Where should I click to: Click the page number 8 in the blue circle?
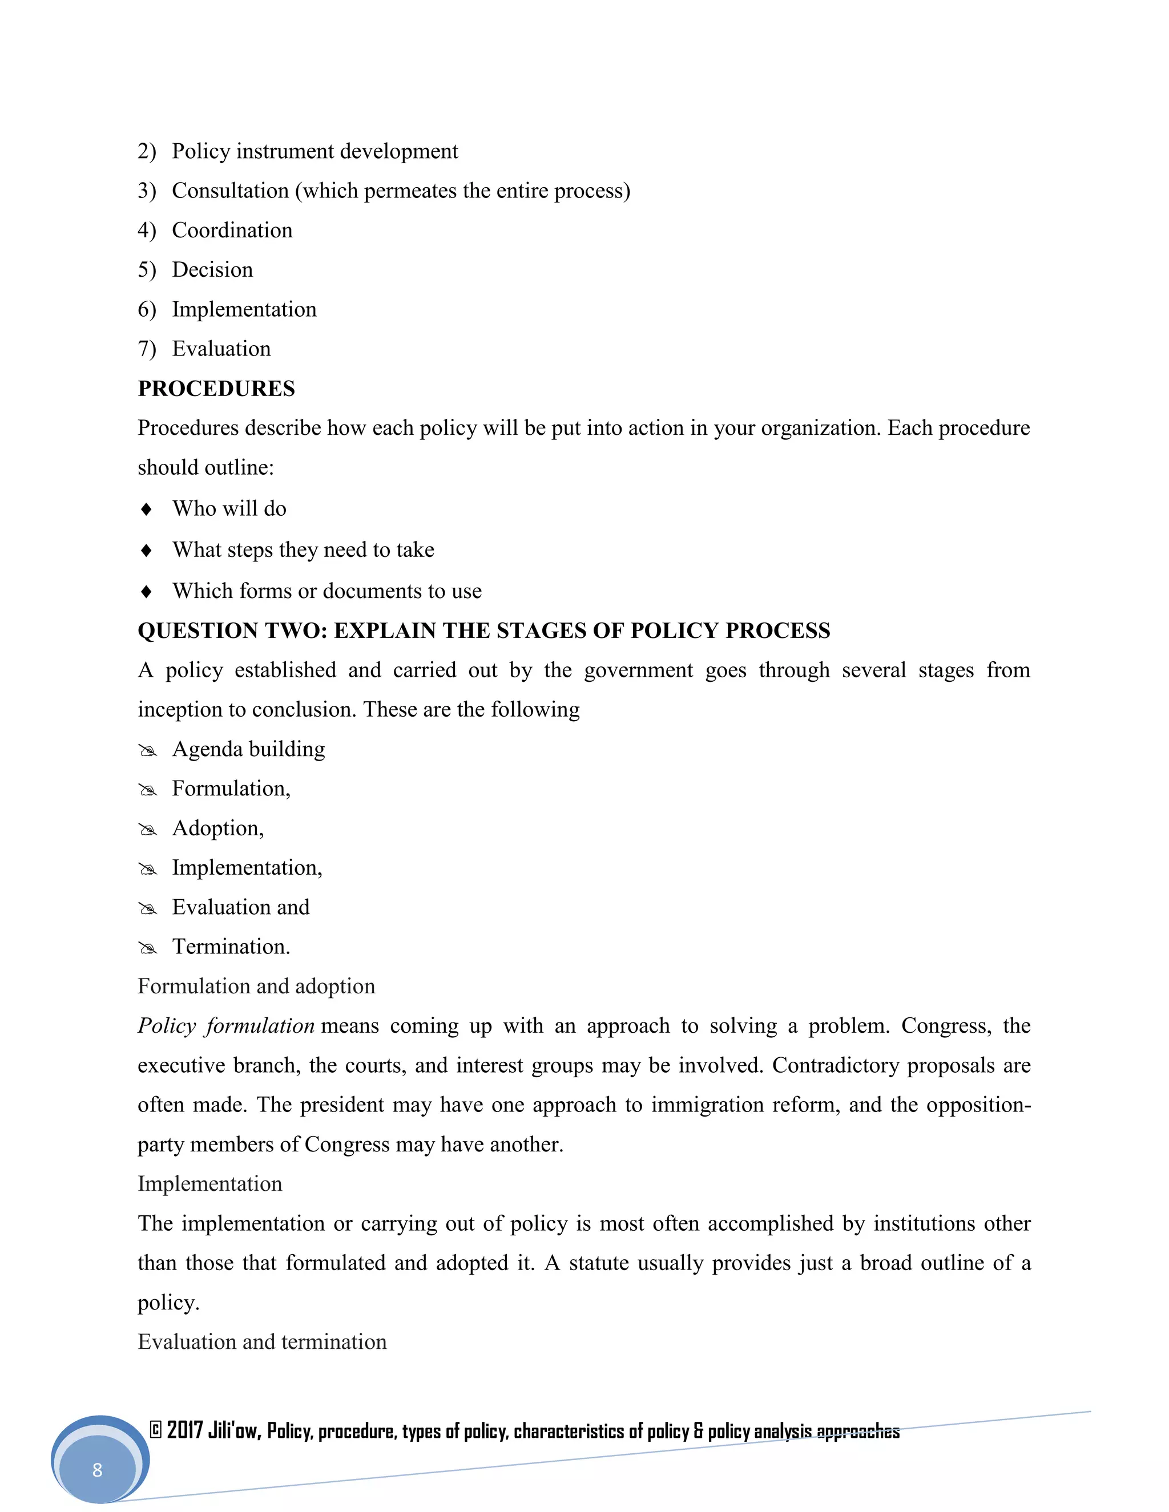pyautogui.click(x=97, y=1469)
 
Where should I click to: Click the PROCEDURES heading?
pyautogui.click(x=216, y=389)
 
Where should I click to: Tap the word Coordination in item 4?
pyautogui.click(x=232, y=230)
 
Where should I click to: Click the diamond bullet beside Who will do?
pyautogui.click(x=146, y=509)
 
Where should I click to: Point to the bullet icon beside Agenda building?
pyautogui.click(x=147, y=750)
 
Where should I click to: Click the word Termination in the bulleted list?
pyautogui.click(x=231, y=947)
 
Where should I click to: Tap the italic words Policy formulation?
pyautogui.click(x=226, y=1025)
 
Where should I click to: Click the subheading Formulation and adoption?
pyautogui.click(x=256, y=986)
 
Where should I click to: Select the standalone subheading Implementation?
pyautogui.click(x=210, y=1183)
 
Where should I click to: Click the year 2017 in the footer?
pyautogui.click(x=184, y=1430)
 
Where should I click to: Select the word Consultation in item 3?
pyautogui.click(x=230, y=191)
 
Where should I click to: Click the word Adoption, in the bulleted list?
pyautogui.click(x=217, y=828)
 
